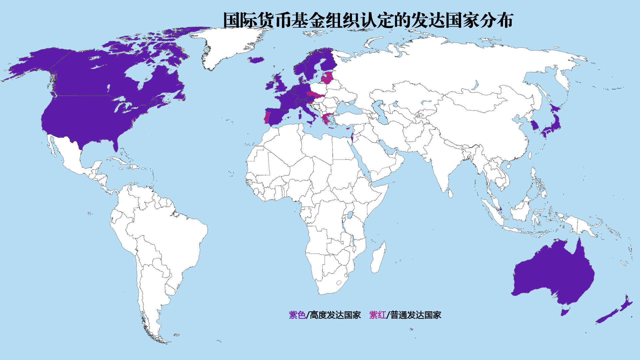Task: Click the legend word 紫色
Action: click(x=297, y=315)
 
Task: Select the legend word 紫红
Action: click(x=377, y=315)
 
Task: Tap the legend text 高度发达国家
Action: click(x=335, y=315)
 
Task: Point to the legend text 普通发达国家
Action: click(x=416, y=315)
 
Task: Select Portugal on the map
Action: click(x=267, y=117)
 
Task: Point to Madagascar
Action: click(x=379, y=258)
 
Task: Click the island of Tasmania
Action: click(x=564, y=312)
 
